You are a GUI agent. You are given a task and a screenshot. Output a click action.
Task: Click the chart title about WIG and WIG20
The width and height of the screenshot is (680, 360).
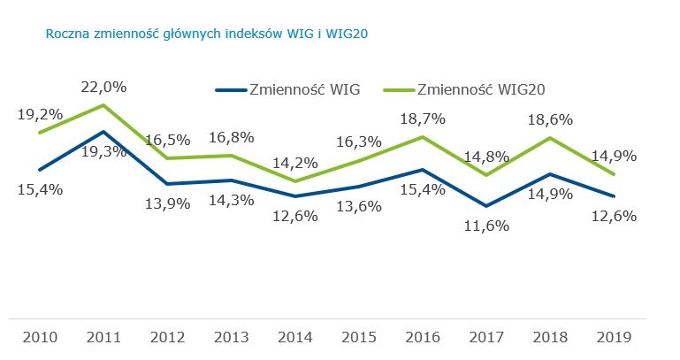coord(206,34)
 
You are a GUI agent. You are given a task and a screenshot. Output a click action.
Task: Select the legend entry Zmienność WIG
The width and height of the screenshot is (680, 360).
coord(287,89)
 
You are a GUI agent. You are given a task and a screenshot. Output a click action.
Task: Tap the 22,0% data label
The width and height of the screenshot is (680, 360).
coord(103,87)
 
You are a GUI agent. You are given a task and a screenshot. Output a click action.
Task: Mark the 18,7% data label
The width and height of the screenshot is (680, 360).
coord(423,119)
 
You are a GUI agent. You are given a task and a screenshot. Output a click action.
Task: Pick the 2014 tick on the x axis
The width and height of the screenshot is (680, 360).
coord(295,337)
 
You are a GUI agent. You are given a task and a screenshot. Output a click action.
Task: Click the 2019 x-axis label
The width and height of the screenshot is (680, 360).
coord(614,337)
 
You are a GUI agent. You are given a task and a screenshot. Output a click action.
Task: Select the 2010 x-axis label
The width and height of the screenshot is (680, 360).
coord(41,337)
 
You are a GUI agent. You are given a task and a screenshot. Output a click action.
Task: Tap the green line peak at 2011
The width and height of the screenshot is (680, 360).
coord(104,105)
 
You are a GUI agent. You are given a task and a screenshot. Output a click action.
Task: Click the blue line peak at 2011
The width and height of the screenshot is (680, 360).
coord(104,132)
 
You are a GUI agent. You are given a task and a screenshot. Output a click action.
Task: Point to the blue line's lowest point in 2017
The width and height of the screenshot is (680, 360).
coord(486,206)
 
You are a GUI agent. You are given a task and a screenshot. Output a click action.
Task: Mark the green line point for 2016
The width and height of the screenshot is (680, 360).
coord(423,137)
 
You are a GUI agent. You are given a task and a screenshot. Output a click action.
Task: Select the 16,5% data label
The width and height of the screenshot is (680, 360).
coord(167,140)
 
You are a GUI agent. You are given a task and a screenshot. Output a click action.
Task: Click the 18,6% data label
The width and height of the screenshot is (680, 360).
coord(550,119)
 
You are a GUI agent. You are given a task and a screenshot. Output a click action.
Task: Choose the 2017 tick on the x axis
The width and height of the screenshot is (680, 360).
coord(486,337)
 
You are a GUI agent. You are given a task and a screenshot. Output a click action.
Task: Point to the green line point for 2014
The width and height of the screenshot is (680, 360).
coord(295,181)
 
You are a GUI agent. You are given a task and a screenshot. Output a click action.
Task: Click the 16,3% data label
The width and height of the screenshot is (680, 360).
coord(359,141)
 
